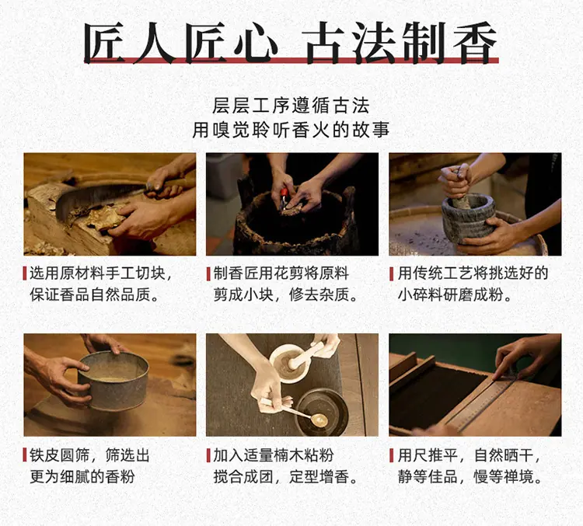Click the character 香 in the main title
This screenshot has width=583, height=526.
point(475,43)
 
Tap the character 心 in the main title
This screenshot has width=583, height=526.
point(257,43)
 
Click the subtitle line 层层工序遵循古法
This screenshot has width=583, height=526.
point(291,106)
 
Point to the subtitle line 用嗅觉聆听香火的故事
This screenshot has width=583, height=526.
point(291,130)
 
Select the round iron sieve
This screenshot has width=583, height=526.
point(113,380)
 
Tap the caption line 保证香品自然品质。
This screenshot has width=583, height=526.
point(95,295)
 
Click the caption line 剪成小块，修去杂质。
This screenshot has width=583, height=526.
point(285,295)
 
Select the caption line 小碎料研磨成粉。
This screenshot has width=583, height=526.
point(455,295)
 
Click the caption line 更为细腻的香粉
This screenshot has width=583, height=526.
point(82,476)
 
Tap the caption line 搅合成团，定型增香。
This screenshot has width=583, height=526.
point(285,476)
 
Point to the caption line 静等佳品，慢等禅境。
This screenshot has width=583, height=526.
point(470,476)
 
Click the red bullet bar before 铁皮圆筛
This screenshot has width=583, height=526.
point(25,455)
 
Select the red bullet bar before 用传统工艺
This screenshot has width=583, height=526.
point(392,273)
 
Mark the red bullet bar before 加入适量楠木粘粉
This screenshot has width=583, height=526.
point(208,455)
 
